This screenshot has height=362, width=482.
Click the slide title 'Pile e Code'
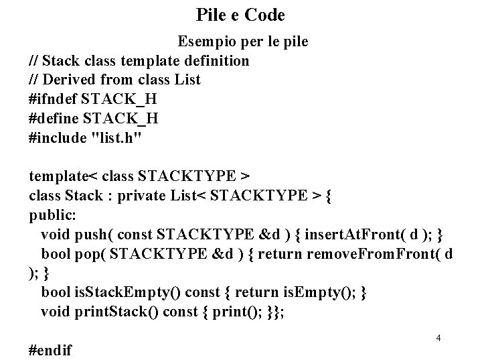241,14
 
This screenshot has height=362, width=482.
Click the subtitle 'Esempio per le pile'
242,42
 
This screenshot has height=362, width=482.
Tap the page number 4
438,338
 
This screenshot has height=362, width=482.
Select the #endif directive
52,349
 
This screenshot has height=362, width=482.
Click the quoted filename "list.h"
114,138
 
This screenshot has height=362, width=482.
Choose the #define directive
54,119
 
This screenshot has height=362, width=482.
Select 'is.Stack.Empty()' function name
114,293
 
